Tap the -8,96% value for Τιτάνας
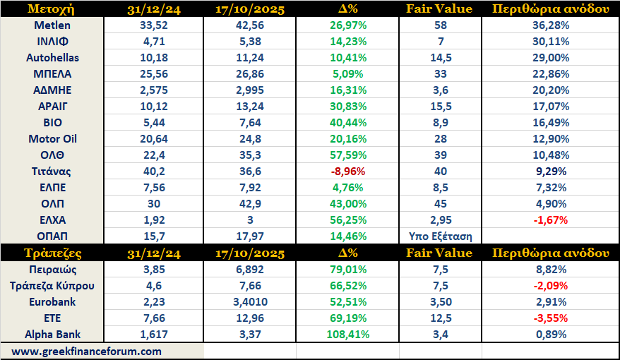(347, 171)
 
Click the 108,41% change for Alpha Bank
(347, 334)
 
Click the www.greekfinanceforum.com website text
(86, 351)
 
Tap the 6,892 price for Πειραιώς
(249, 269)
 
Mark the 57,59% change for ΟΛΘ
(347, 155)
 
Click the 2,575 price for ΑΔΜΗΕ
(150, 90)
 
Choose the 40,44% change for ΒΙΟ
(347, 122)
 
